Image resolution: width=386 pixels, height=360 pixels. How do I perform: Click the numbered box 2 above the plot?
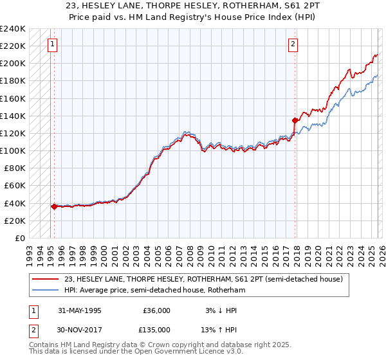click(293, 44)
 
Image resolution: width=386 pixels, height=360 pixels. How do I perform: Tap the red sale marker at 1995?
click(54, 206)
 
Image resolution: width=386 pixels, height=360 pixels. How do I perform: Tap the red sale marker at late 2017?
click(295, 120)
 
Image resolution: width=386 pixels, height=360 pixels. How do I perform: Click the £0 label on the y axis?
click(19, 238)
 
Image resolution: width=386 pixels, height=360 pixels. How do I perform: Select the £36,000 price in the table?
click(156, 310)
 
